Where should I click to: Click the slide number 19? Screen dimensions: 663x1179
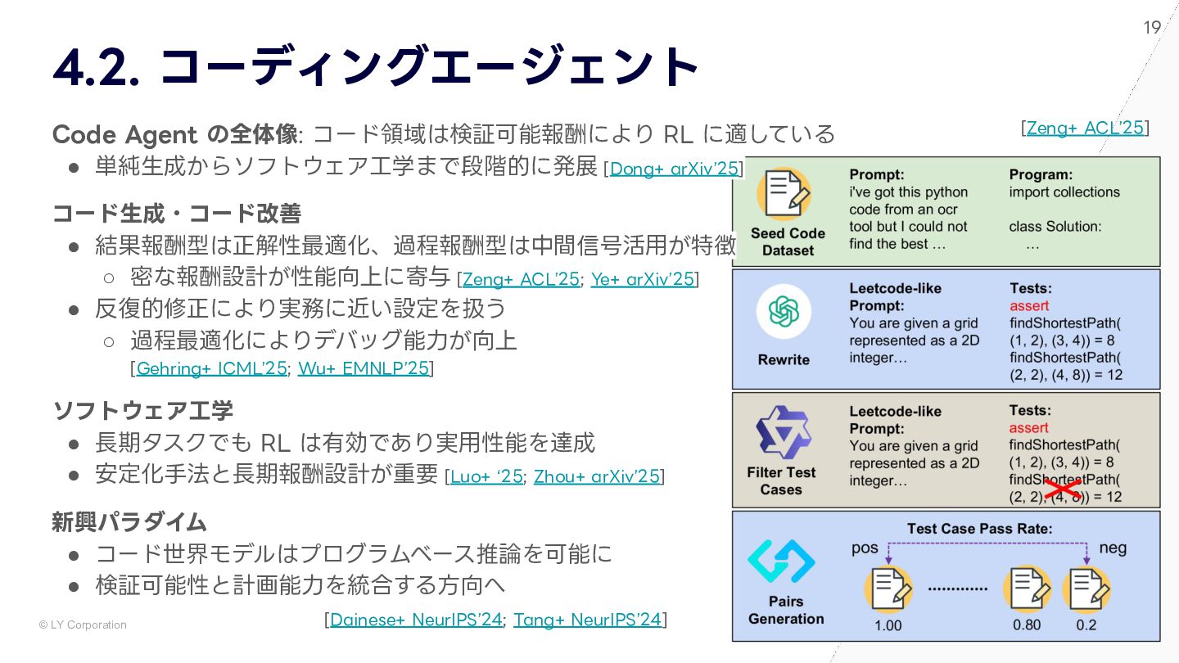pos(1152,28)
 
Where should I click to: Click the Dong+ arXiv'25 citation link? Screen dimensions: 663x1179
pos(674,169)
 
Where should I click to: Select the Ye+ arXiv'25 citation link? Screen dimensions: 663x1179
pos(643,279)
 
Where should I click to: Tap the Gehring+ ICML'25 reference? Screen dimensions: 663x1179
pos(211,368)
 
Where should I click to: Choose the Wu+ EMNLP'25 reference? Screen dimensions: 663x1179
pos(364,368)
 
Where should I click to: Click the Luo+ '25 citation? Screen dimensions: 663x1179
pos(486,476)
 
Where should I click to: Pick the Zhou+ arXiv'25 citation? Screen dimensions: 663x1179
pos(596,476)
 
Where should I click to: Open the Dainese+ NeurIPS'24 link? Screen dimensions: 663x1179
pos(416,620)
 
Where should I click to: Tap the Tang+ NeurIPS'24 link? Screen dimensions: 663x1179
pos(587,620)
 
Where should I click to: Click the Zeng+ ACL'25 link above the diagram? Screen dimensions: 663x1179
pos(1085,128)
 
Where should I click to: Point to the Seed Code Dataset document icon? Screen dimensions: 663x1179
pos(784,194)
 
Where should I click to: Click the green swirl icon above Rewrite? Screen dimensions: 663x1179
pos(784,312)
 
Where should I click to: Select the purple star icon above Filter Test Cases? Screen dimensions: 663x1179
pos(782,431)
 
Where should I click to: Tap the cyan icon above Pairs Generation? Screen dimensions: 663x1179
pos(781,562)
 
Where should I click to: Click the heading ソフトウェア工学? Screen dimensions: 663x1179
pos(143,410)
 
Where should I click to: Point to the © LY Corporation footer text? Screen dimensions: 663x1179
pos(83,625)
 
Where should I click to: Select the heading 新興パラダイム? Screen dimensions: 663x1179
pos(129,521)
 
